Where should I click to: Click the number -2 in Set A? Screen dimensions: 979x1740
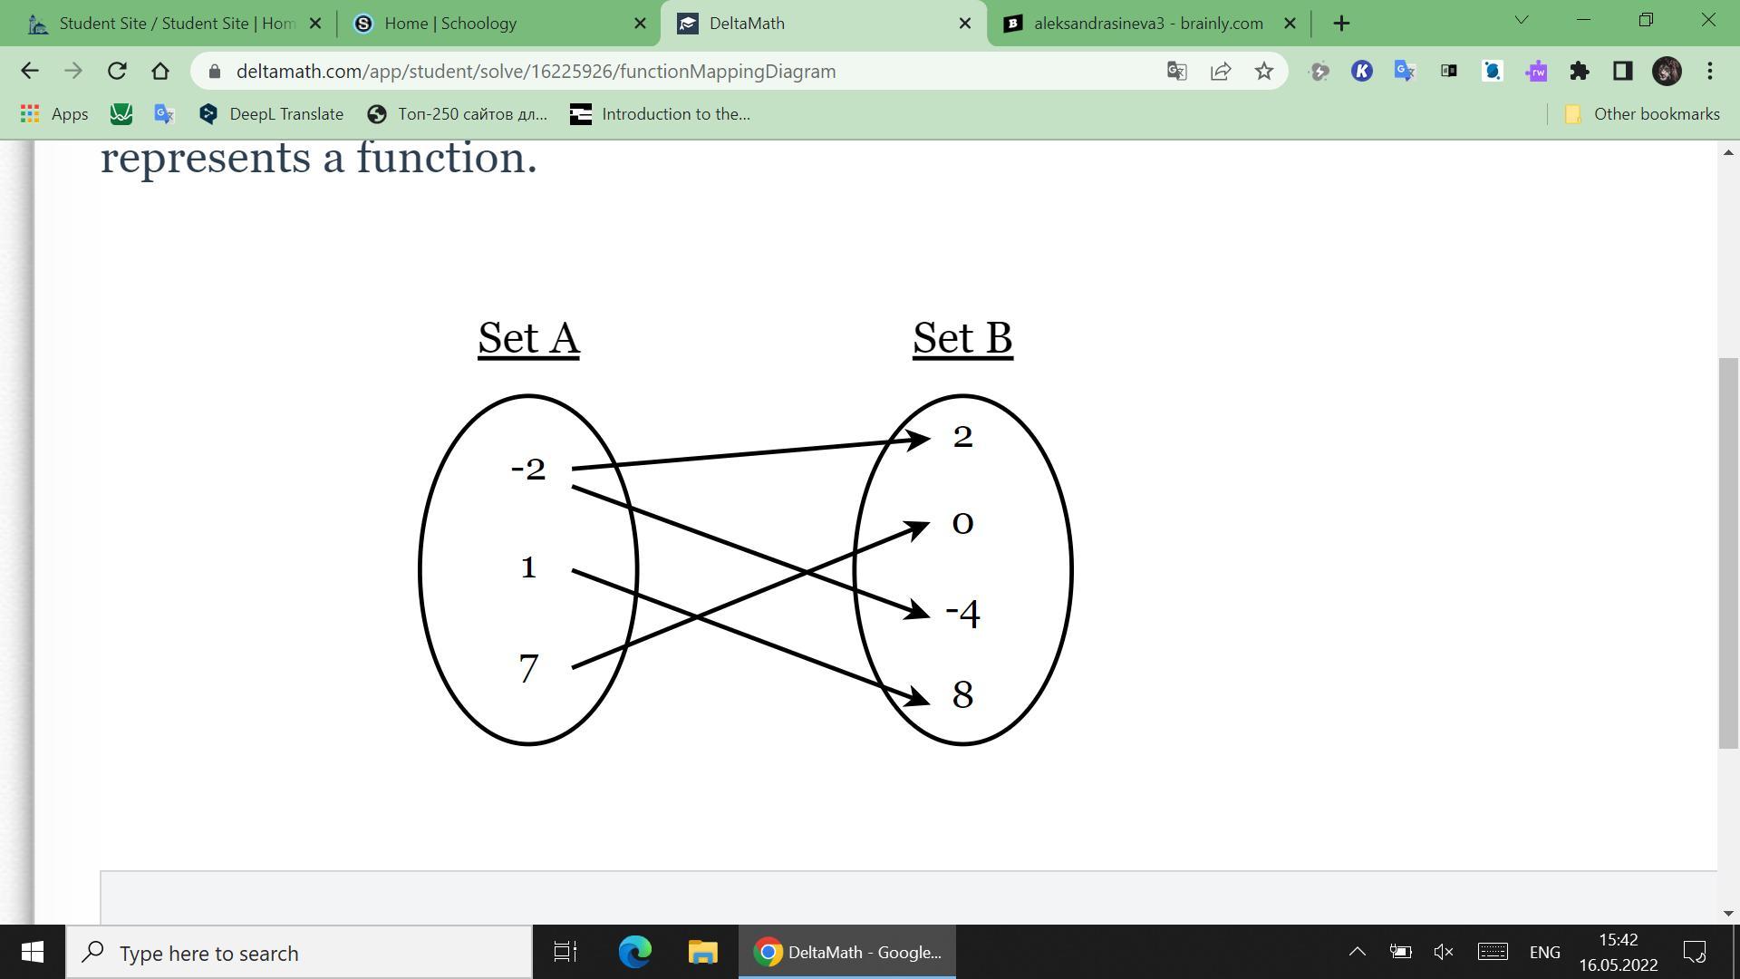click(x=529, y=470)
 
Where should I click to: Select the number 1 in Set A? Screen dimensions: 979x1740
click(x=529, y=568)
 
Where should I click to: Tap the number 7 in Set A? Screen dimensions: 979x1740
click(x=529, y=669)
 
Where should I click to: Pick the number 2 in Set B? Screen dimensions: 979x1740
click(x=962, y=437)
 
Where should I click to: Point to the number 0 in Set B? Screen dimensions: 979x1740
click(x=962, y=523)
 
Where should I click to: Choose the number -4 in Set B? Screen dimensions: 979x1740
click(x=963, y=613)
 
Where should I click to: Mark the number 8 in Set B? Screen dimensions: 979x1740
click(x=962, y=695)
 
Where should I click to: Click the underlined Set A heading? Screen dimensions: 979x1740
click(x=528, y=338)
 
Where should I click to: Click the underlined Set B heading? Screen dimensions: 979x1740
click(x=962, y=338)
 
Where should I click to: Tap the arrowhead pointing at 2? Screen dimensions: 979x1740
click(x=917, y=440)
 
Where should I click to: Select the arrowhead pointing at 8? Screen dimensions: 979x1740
click(x=917, y=698)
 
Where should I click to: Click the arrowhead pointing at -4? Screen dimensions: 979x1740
click(x=917, y=613)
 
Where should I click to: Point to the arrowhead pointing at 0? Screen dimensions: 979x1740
click(x=917, y=527)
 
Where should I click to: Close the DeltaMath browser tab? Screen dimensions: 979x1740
click(x=965, y=24)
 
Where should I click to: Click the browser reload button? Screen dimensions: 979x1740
click(x=117, y=71)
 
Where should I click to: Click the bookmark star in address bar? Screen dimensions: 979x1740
click(x=1264, y=71)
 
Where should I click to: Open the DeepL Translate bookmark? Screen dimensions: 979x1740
click(x=272, y=114)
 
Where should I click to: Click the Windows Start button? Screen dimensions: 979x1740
click(x=33, y=952)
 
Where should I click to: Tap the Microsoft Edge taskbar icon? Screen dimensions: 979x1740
click(x=634, y=952)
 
